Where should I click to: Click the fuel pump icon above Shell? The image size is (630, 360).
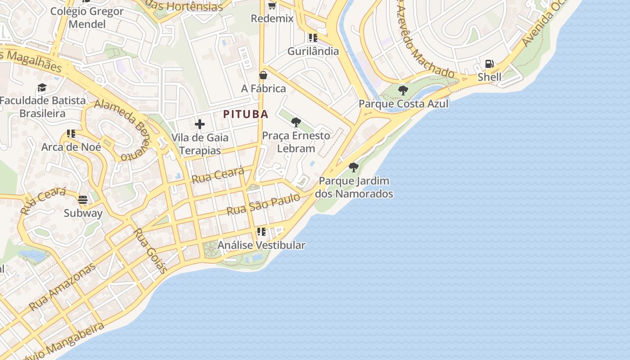(489, 64)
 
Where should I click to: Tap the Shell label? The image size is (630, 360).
(489, 77)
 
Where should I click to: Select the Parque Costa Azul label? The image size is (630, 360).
(403, 103)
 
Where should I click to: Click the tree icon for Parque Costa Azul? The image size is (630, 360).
(403, 90)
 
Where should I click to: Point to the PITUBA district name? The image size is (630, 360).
(246, 114)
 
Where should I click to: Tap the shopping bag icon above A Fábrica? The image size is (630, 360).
(263, 75)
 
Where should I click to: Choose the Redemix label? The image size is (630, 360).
(272, 18)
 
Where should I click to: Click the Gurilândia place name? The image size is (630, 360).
(313, 51)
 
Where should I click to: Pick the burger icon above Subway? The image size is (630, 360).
(83, 199)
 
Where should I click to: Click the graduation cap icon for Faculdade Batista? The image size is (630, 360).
(42, 87)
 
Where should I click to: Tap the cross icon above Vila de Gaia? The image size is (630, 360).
(200, 124)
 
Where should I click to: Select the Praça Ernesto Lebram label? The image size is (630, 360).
(296, 141)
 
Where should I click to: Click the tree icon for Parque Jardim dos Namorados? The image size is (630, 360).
(354, 167)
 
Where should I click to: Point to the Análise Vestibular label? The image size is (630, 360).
(261, 245)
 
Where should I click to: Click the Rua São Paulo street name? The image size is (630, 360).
(263, 204)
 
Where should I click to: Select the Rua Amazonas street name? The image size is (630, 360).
(63, 287)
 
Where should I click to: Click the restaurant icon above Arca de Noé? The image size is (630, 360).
(71, 134)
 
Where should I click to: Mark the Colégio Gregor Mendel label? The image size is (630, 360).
(87, 17)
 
